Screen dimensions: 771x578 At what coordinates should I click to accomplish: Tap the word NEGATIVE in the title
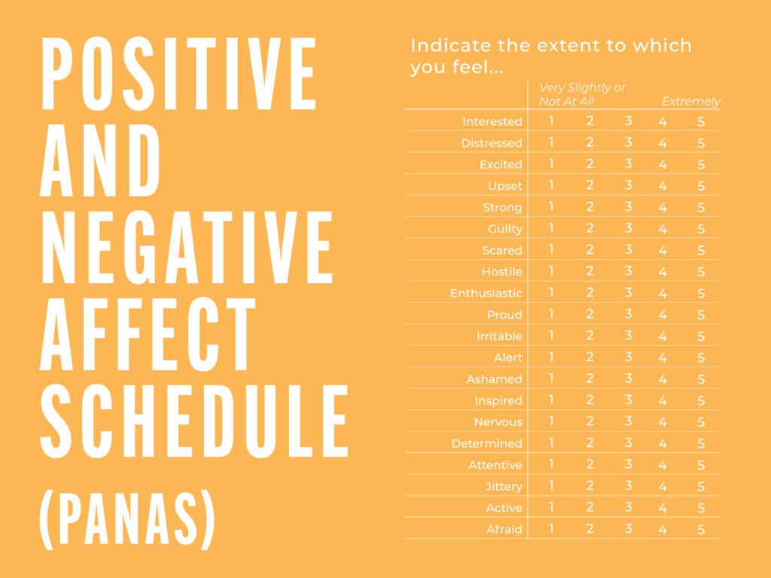click(x=187, y=247)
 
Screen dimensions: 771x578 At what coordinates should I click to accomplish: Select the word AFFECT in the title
click(x=148, y=333)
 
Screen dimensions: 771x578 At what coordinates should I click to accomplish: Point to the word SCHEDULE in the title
click(x=194, y=421)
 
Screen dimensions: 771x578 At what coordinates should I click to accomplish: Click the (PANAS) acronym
click(x=127, y=519)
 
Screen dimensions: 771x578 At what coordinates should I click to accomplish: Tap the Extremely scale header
click(x=691, y=102)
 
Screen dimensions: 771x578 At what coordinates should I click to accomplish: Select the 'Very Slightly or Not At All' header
click(x=582, y=94)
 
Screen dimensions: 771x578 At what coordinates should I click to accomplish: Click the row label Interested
click(x=492, y=121)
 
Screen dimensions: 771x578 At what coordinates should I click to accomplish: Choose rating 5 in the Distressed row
click(x=701, y=143)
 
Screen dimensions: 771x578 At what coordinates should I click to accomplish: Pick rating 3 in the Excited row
click(x=628, y=163)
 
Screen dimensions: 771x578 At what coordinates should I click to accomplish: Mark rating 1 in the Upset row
click(x=551, y=185)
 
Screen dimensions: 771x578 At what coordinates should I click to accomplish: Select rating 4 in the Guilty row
click(x=663, y=229)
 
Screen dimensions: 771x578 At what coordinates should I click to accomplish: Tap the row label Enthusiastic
click(x=486, y=294)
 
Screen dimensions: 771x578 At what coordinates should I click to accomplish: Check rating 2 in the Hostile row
click(x=590, y=271)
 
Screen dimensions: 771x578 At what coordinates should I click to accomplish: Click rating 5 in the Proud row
click(x=701, y=315)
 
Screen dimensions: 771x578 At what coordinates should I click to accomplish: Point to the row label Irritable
click(x=499, y=336)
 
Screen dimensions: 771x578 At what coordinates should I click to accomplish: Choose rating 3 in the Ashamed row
click(x=628, y=379)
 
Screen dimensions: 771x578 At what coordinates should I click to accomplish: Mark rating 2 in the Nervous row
click(x=590, y=421)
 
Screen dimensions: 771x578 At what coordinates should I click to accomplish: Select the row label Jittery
click(x=504, y=487)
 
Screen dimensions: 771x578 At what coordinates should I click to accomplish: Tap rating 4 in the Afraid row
click(x=663, y=529)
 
